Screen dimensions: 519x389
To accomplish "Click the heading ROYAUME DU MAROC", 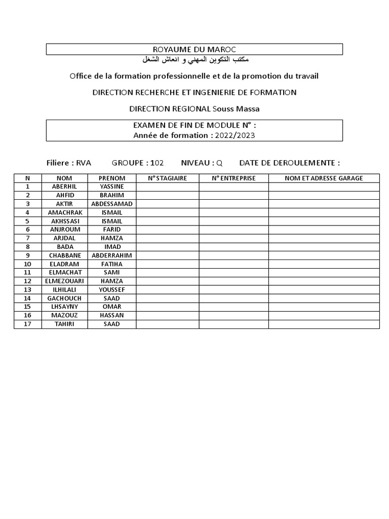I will [194, 49].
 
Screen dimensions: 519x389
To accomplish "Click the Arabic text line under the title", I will [194, 60].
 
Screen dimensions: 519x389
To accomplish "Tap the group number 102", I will [157, 163].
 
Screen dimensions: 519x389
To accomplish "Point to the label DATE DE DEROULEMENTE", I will [289, 163].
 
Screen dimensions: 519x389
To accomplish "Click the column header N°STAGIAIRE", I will [167, 178].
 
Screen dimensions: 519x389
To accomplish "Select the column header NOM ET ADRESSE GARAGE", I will [324, 178].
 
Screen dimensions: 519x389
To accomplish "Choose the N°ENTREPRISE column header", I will [234, 178].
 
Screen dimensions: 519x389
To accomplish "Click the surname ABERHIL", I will [64, 187].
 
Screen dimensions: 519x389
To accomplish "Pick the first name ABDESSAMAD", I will [112, 204].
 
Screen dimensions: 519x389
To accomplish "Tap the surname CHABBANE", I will [64, 255].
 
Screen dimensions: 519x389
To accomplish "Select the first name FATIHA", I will [112, 264].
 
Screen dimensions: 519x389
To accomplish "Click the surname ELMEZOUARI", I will [64, 281].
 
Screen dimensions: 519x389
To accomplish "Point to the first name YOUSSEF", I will [112, 290].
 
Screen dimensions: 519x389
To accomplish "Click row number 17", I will [28, 324].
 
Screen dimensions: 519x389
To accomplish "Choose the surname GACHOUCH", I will [64, 299].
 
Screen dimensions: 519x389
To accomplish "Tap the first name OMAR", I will [112, 307].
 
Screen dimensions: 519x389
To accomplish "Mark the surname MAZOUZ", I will [64, 316].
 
